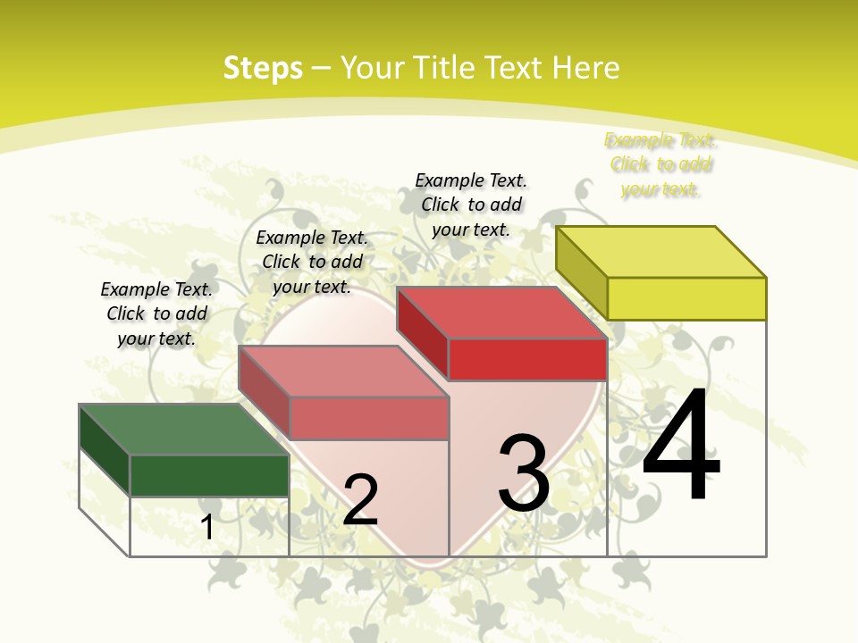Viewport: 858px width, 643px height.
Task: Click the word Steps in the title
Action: [263, 68]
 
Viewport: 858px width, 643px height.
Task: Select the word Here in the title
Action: [585, 68]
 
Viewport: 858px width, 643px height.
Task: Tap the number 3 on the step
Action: [524, 473]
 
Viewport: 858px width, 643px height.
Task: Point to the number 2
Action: [360, 500]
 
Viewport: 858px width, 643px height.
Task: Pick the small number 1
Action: [207, 527]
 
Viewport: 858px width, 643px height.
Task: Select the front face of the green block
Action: [209, 475]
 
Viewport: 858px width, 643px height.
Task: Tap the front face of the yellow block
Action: [686, 298]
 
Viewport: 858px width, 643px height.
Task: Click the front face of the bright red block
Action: [527, 359]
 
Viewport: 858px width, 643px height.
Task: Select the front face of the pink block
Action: [368, 418]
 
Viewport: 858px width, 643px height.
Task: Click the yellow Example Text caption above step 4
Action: [660, 164]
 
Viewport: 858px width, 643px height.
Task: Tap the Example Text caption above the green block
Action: [156, 313]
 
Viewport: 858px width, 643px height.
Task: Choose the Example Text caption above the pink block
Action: [312, 262]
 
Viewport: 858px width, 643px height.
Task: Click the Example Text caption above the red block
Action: [471, 205]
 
